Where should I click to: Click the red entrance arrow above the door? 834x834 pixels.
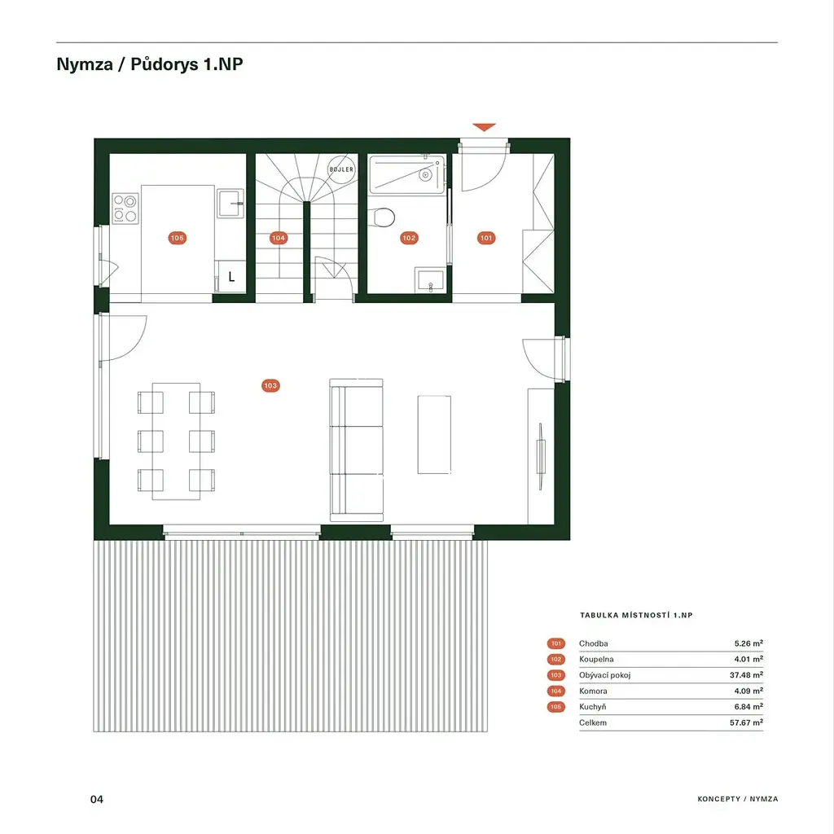coord(484,127)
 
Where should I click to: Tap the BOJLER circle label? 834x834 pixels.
coord(341,169)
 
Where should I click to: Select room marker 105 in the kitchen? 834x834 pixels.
coord(177,238)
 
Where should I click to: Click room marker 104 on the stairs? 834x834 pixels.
coord(279,238)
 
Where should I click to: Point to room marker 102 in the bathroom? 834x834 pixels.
coord(409,238)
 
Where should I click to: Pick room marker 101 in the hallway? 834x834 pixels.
coord(486,238)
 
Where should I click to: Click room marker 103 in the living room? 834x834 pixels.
coord(270,385)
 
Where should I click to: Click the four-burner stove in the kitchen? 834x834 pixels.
coord(125,208)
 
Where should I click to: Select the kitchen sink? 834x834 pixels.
coord(230,203)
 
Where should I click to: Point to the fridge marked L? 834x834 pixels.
coord(230,277)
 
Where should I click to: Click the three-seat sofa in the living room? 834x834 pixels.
coord(357,450)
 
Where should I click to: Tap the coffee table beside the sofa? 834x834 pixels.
coord(434,435)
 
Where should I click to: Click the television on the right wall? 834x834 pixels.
coord(541,456)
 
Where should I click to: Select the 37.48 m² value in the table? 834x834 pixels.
coord(746,675)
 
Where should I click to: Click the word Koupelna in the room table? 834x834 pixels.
coord(596,659)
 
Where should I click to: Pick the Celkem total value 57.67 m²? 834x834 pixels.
coord(746,722)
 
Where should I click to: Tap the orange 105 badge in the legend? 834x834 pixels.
coord(555,707)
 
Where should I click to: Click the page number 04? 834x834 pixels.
coord(97,799)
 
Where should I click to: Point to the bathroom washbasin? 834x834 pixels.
coord(430,280)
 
